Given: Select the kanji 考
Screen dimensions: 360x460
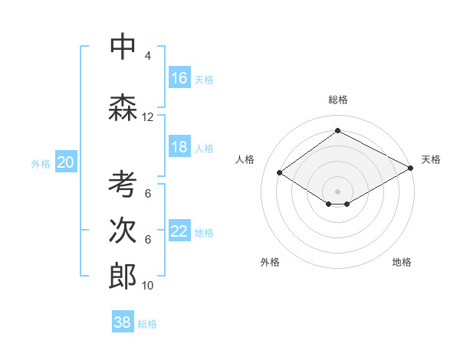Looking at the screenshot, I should (x=123, y=185).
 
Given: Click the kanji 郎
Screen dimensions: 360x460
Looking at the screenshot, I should (x=123, y=277).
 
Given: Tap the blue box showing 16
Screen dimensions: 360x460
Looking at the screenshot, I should (x=179, y=78).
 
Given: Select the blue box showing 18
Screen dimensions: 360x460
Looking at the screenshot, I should (x=179, y=147).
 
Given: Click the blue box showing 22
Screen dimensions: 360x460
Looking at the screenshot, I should (x=179, y=231).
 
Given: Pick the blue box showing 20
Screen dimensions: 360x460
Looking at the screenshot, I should (x=66, y=162).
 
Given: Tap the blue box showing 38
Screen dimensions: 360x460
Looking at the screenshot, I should (x=123, y=322).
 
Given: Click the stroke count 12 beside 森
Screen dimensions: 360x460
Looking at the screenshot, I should (x=148, y=117).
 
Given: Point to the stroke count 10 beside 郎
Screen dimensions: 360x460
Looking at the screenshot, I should (x=148, y=286).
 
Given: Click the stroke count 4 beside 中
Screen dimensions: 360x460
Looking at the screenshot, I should (x=148, y=56).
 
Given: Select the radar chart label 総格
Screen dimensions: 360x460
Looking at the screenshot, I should (x=337, y=100).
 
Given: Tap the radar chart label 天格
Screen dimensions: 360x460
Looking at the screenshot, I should (x=431, y=159).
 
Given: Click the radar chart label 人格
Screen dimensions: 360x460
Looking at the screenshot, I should (x=245, y=159).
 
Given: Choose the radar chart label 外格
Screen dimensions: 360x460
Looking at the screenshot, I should (x=270, y=262).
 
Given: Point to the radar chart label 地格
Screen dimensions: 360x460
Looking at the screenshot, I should (x=402, y=262).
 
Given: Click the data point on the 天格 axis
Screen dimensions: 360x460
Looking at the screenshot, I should (x=411, y=168).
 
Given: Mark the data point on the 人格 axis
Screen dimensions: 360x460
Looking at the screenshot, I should (x=280, y=173).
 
